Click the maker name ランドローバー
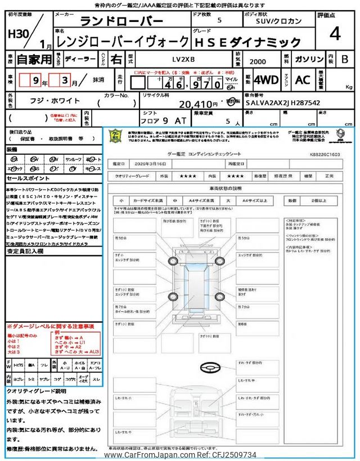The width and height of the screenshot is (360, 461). (121, 21)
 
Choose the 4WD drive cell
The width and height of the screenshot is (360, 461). (266, 80)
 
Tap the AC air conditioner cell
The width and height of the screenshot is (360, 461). (303, 80)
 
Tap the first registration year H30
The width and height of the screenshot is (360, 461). (16, 33)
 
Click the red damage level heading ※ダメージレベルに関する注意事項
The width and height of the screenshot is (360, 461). (51, 326)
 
